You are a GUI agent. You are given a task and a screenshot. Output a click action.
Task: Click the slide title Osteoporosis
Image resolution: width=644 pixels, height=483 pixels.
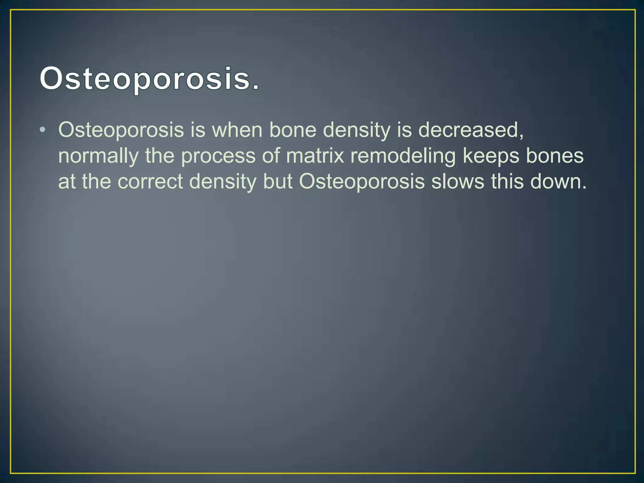(x=150, y=79)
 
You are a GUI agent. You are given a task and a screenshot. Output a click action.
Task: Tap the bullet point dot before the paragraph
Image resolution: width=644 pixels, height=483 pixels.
(x=43, y=130)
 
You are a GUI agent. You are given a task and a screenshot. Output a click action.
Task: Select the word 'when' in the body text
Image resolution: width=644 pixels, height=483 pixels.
(x=237, y=130)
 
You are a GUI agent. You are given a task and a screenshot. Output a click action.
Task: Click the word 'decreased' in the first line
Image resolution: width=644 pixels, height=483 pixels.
(x=469, y=130)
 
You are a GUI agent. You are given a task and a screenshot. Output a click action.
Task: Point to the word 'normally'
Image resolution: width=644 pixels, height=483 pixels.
(x=98, y=156)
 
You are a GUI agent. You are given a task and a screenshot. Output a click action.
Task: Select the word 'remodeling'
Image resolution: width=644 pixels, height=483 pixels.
(x=403, y=156)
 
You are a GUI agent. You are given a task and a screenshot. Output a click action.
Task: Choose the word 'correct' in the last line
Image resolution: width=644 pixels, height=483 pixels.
(x=150, y=182)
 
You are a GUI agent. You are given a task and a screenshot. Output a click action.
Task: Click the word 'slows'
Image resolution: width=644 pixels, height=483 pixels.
(x=458, y=182)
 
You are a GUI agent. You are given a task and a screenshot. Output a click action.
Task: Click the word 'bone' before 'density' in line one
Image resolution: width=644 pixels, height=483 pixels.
(x=293, y=130)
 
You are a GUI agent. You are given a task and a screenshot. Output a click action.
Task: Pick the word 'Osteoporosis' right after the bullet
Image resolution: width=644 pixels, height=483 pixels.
(x=121, y=130)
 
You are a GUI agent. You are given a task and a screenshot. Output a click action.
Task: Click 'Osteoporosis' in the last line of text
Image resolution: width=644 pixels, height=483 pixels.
(x=362, y=182)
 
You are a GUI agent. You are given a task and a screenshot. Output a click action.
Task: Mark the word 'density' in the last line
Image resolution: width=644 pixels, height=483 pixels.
(x=223, y=182)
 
